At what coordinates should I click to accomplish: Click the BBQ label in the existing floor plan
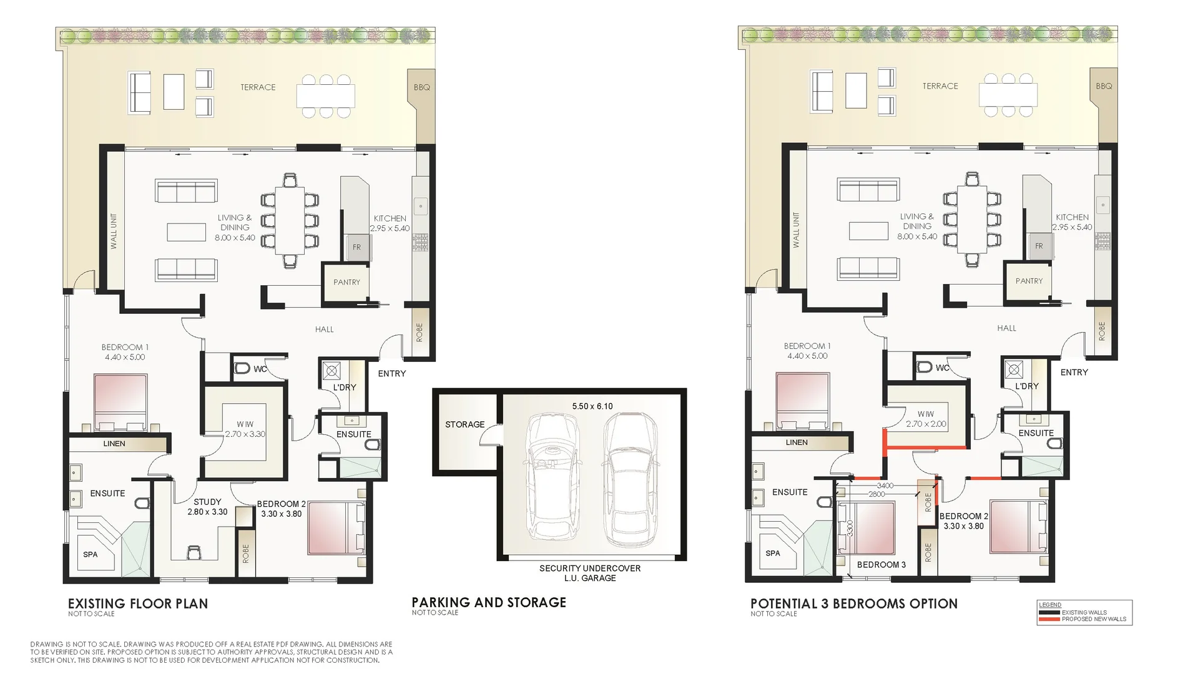tap(421, 87)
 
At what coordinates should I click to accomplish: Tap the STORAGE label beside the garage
tap(464, 424)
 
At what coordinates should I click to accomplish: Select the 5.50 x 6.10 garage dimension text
tap(592, 406)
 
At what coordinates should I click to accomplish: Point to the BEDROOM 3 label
tap(881, 565)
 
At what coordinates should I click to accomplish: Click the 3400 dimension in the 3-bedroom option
tap(885, 486)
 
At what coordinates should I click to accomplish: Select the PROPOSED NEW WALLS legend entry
tap(1093, 619)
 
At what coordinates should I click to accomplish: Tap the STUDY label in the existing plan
tap(207, 502)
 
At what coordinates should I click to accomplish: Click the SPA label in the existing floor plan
tap(90, 554)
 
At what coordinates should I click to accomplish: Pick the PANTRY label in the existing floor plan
tap(346, 282)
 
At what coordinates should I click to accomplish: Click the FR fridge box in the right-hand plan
tap(1039, 246)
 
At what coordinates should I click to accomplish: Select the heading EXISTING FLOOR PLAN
tap(138, 603)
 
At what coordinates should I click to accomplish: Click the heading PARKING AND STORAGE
tap(489, 602)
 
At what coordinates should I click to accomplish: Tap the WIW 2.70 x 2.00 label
tap(926, 419)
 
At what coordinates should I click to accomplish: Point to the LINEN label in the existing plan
tap(114, 444)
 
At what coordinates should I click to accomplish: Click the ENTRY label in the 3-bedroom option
tap(1074, 373)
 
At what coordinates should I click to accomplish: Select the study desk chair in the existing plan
tap(194, 552)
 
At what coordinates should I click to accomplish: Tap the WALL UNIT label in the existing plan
tap(114, 231)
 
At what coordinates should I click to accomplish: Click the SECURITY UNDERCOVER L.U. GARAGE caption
tap(590, 573)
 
